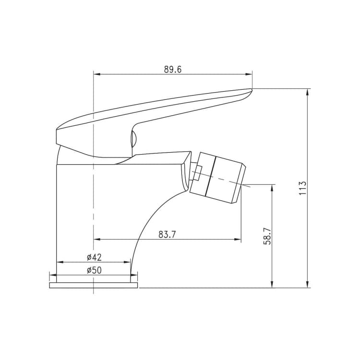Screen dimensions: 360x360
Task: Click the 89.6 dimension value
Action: (x=173, y=69)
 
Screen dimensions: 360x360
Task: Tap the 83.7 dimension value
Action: (x=167, y=234)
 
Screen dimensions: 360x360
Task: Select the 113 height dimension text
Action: (x=303, y=188)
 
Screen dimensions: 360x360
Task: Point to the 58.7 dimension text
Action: (x=267, y=236)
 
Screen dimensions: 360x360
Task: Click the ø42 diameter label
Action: (x=94, y=257)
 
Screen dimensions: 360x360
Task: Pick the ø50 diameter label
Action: (x=94, y=270)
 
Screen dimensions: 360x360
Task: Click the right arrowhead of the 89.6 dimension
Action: (x=249, y=74)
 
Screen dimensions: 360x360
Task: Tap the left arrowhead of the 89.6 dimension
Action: (x=97, y=74)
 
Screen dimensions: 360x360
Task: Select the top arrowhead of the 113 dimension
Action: (x=308, y=92)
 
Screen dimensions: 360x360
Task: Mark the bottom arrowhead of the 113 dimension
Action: (x=308, y=284)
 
